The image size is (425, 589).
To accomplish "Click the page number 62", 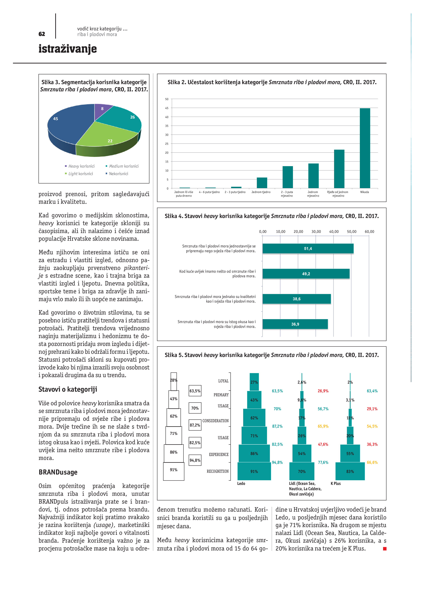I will (42, 34).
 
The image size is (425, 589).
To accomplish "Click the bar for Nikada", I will (365, 148).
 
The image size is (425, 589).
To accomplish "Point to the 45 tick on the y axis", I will (167, 108).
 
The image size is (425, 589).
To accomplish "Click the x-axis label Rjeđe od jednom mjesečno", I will (338, 194).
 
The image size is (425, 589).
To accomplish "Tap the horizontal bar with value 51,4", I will (308, 249).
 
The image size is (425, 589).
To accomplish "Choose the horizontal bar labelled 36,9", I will (295, 324).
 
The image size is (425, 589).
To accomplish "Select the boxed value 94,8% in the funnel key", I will (195, 460).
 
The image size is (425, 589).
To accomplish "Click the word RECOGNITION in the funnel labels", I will (218, 471).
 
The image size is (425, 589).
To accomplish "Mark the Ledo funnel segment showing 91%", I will (254, 471).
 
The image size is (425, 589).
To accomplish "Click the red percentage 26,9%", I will (323, 391).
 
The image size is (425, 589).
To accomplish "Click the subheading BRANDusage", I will (58, 472).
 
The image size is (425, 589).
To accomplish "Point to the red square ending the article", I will (385, 549).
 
